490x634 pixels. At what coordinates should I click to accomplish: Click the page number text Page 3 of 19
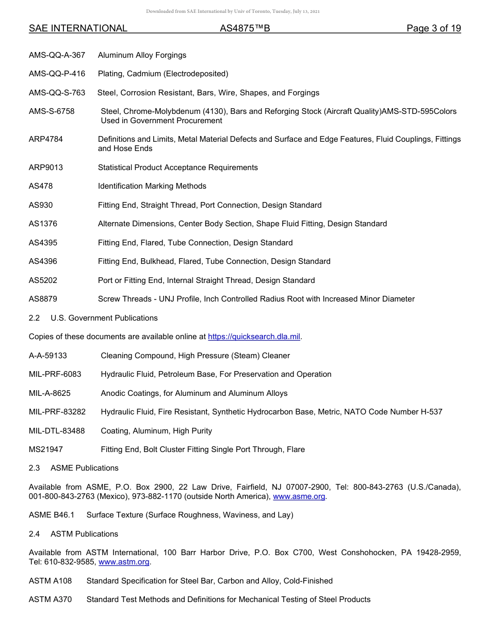tap(433, 29)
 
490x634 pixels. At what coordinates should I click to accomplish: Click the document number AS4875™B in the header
tap(244, 29)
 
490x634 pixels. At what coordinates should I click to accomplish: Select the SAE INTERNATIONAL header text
tap(78, 29)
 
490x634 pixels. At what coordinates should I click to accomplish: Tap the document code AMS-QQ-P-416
tap(57, 74)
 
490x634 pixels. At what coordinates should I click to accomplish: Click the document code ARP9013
tap(46, 168)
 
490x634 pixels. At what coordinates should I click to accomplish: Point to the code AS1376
tap(43, 224)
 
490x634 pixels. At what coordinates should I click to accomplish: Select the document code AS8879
tap(43, 299)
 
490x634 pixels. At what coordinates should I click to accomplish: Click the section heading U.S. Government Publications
tap(104, 318)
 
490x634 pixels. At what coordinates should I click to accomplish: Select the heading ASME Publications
tap(85, 468)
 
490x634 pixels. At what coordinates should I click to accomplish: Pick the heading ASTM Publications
tap(84, 534)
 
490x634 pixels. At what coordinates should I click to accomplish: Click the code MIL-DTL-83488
tap(57, 431)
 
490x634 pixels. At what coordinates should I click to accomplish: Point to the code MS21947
tap(46, 449)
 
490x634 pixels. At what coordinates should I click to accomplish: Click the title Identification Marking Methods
tap(152, 186)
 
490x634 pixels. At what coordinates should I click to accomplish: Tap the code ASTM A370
tap(50, 599)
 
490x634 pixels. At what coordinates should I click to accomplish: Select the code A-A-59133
tap(48, 356)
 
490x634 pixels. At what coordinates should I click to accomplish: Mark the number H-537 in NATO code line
tap(431, 412)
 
